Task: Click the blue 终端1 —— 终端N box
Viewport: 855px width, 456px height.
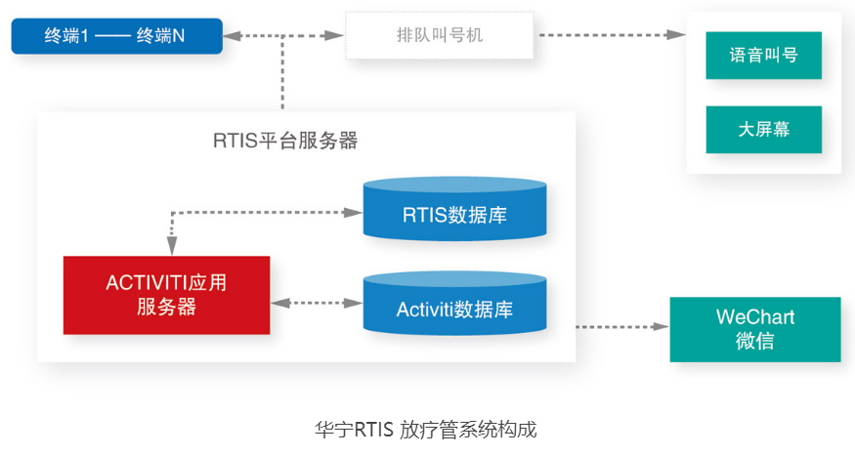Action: pyautogui.click(x=116, y=36)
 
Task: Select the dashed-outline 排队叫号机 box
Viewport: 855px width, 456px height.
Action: pyautogui.click(x=440, y=35)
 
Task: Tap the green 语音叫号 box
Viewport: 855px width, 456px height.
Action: pyautogui.click(x=763, y=55)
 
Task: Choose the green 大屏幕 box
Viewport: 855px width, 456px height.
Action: pyautogui.click(x=763, y=130)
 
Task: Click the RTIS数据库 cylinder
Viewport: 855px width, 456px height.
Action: pyautogui.click(x=454, y=209)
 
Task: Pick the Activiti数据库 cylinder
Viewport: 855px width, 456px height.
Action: pyautogui.click(x=454, y=304)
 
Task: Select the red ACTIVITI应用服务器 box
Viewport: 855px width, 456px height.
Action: pyautogui.click(x=166, y=295)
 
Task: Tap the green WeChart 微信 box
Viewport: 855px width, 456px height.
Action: pyautogui.click(x=755, y=329)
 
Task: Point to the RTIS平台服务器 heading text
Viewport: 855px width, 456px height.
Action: pyautogui.click(x=285, y=141)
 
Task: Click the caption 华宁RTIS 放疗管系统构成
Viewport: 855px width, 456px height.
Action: pyautogui.click(x=426, y=430)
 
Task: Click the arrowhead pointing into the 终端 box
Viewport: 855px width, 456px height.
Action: pyautogui.click(x=232, y=36)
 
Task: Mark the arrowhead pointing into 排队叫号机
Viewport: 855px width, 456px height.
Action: pyautogui.click(x=334, y=36)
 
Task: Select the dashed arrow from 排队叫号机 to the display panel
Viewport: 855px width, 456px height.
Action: pyautogui.click(x=613, y=35)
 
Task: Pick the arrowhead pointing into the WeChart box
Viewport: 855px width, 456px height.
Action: pyautogui.click(x=661, y=327)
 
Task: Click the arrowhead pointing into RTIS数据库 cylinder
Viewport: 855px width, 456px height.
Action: pyautogui.click(x=354, y=213)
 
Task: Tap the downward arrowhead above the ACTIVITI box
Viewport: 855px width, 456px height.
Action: pyautogui.click(x=172, y=246)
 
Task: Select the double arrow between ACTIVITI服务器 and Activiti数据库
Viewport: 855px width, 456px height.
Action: pyautogui.click(x=317, y=303)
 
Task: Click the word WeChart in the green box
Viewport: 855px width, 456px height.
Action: pyautogui.click(x=755, y=317)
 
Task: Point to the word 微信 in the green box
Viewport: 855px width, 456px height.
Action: pyautogui.click(x=755, y=341)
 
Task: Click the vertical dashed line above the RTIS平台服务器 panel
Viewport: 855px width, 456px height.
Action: pyautogui.click(x=282, y=72)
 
